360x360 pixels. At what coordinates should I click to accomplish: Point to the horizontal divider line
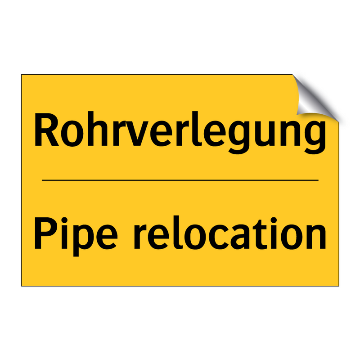[x=180, y=180]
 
